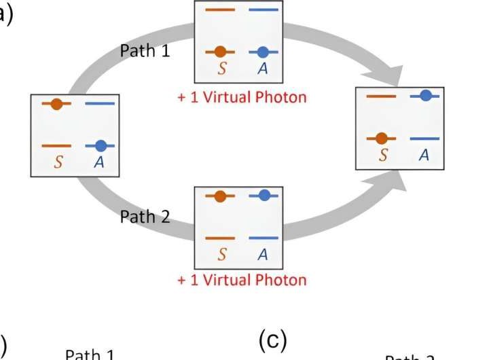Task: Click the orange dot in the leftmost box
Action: (x=56, y=104)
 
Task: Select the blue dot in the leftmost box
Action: (x=100, y=145)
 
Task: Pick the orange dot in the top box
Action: (x=219, y=51)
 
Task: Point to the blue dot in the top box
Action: (x=264, y=51)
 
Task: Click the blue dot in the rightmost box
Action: (x=424, y=96)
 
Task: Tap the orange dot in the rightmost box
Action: (x=381, y=138)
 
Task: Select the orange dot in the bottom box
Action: (x=219, y=196)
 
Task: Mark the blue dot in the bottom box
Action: (x=264, y=196)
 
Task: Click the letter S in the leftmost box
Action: (x=58, y=163)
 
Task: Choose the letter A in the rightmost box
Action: (x=424, y=156)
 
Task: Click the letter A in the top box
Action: (x=263, y=69)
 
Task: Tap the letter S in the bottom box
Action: (x=221, y=255)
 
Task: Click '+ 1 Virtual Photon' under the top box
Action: (x=242, y=97)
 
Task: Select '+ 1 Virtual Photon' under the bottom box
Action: (x=242, y=279)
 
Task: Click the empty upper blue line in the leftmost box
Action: (x=100, y=104)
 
